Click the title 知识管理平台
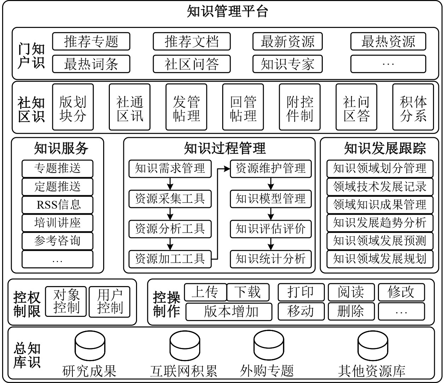pos(227,12)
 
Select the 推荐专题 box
pos(91,42)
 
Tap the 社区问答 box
pos(191,64)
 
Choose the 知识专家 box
pos(287,64)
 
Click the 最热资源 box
pos(388,42)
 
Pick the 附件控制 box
pos(299,107)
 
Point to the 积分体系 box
pos(413,107)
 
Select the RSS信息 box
pos(58,205)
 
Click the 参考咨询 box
pos(58,241)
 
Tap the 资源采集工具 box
pos(170,198)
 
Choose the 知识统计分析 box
pos(271,259)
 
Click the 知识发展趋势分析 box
pos(380,223)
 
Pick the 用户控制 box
pos(109,301)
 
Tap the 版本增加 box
pos(229,312)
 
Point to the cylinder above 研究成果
pos(90,346)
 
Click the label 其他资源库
pos(372,371)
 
